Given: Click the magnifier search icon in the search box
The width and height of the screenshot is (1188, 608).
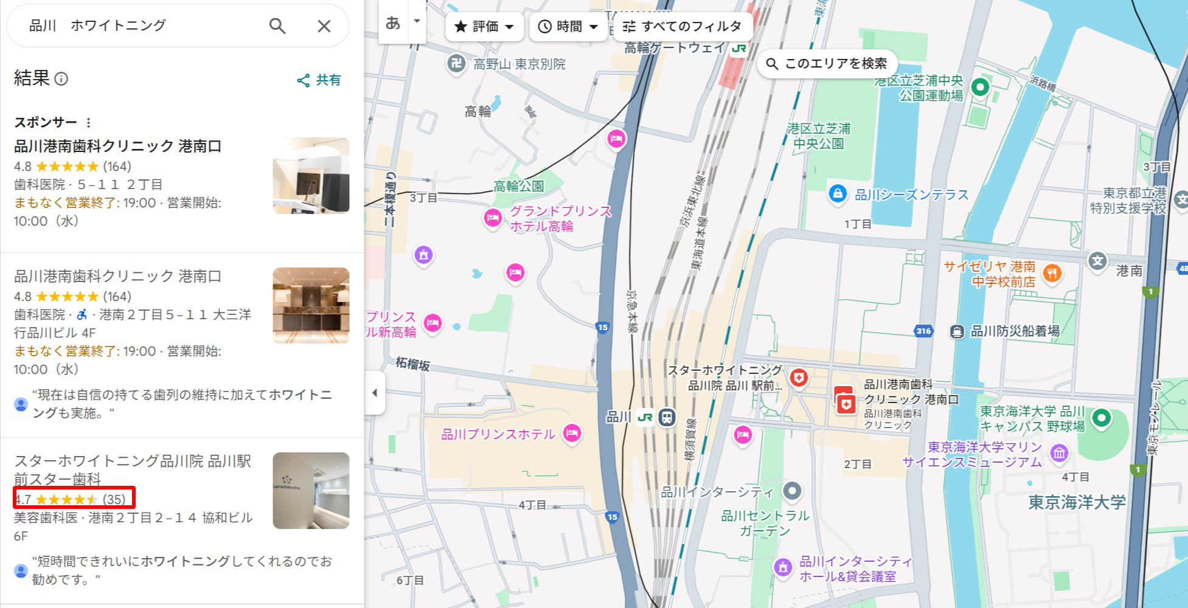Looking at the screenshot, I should pos(277,26).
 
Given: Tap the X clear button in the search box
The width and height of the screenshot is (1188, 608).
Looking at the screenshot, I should pos(324,26).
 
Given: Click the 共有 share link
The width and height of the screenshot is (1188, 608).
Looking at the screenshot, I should pos(319,80).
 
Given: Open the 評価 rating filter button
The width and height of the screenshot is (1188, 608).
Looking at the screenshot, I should pos(484,27).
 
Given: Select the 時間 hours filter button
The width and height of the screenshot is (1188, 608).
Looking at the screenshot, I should pos(568,27).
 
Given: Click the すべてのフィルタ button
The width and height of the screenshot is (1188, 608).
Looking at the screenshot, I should pos(682,27).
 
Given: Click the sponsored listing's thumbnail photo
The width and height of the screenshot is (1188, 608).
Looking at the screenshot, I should pos(311,176).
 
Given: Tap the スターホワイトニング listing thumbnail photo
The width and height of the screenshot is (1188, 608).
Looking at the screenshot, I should pos(311,491).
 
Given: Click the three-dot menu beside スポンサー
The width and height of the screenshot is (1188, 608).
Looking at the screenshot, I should pos(89,123).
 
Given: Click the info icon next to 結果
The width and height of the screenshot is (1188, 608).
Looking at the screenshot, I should pos(61,79).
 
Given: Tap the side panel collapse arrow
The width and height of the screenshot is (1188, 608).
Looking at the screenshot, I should pos(375,393).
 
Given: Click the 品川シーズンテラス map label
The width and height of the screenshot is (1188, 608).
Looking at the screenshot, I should pos(911,195).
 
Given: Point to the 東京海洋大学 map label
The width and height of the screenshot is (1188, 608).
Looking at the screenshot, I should pos(1077,502).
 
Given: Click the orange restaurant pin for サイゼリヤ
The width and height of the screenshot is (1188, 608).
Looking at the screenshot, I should pos(1052,273).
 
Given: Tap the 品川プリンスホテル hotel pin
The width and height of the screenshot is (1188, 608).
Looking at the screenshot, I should pos(572,433).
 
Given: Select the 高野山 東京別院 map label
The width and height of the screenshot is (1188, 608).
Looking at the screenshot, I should pos(519,64).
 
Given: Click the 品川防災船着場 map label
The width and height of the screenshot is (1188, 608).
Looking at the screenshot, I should pos(1015,331).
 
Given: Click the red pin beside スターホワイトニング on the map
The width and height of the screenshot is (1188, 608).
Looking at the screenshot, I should pos(799,378).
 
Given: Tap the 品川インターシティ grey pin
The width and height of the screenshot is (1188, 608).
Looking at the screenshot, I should pos(792,490).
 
